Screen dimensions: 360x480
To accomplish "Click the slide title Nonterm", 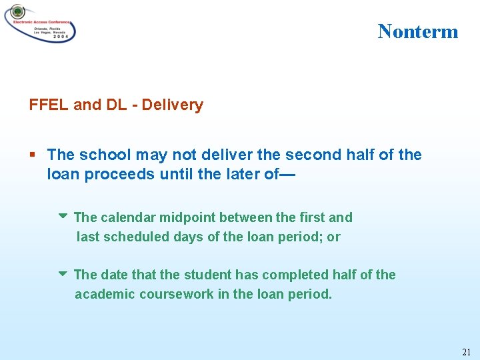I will point(418,31).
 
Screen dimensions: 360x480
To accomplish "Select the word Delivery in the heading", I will point(172,105).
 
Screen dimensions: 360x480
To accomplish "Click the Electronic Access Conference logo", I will point(40,23).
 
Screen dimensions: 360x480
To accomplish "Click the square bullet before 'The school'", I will point(33,155).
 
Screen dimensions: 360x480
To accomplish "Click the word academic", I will point(105,294).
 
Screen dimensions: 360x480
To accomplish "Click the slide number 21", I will point(465,351).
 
